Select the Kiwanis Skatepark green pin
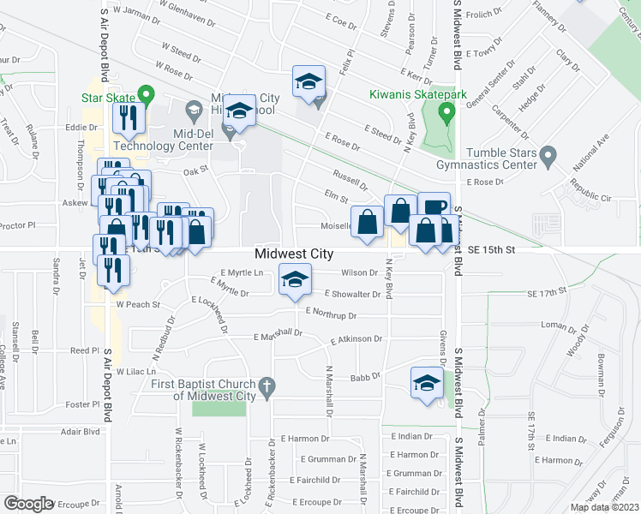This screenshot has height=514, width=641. click(x=446, y=112)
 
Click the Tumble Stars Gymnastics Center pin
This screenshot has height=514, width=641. click(x=550, y=155)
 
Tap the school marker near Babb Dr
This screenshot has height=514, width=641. click(x=426, y=382)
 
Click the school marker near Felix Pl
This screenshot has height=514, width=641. click(x=309, y=82)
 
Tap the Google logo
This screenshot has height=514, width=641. click(x=28, y=504)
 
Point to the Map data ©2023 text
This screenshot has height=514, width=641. click(x=604, y=507)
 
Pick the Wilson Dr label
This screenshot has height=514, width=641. click(x=359, y=273)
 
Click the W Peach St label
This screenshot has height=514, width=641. click(x=139, y=304)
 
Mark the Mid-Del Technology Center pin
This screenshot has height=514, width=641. click(x=229, y=132)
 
